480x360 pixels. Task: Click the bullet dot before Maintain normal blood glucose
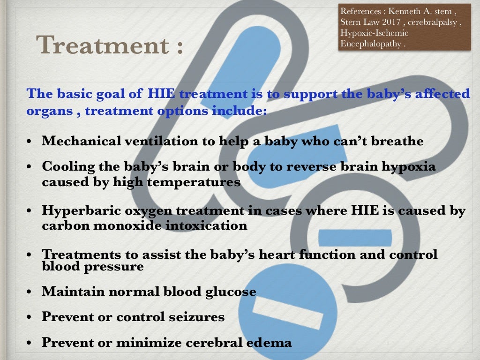[30, 292]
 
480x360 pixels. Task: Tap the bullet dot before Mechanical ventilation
[30, 142]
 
